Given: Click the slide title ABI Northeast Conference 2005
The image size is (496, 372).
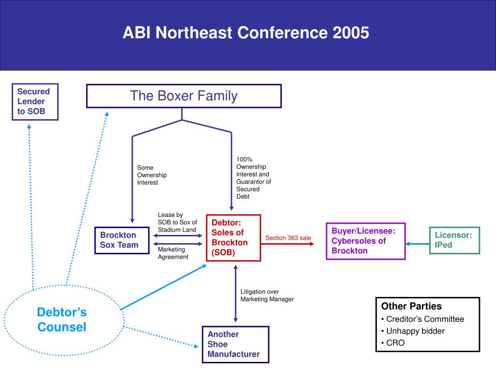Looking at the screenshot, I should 246,33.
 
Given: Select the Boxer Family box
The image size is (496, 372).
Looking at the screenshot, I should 184,96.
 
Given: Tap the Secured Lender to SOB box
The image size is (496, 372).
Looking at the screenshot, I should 35,102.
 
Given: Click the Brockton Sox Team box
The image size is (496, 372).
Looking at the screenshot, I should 122,240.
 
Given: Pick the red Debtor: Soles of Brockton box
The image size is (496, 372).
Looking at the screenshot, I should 233,237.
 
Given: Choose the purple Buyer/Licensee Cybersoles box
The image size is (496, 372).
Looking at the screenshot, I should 365,241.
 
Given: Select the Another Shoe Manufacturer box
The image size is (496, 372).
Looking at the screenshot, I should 235,344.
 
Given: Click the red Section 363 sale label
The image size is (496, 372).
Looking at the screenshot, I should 288,238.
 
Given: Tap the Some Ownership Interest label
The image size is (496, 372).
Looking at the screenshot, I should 152,175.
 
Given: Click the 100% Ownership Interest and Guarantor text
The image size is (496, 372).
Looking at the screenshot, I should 253,178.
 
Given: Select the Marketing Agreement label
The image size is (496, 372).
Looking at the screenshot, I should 173,253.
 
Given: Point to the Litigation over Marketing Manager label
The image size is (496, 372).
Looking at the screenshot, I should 267,295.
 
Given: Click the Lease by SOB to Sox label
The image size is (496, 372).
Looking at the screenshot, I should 177,222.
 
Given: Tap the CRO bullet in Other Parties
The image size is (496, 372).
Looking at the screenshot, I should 395,343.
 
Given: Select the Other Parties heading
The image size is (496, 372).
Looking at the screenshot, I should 411,306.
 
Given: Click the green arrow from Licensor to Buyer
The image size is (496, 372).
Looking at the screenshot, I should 418,244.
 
